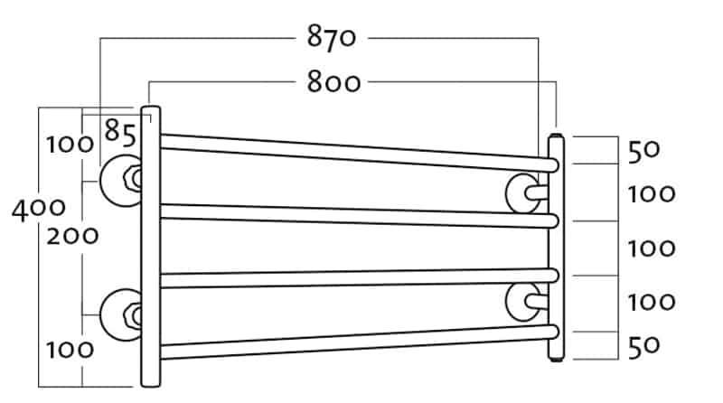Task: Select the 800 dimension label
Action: point(333,83)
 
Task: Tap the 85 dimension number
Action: point(119,133)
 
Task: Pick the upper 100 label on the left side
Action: point(70,144)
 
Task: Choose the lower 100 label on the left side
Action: point(70,349)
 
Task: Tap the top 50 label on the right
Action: point(643,151)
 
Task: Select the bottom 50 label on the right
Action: point(643,345)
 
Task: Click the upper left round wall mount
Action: point(117,179)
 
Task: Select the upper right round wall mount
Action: point(522,192)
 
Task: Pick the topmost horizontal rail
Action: point(352,150)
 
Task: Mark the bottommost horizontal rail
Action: point(352,342)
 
